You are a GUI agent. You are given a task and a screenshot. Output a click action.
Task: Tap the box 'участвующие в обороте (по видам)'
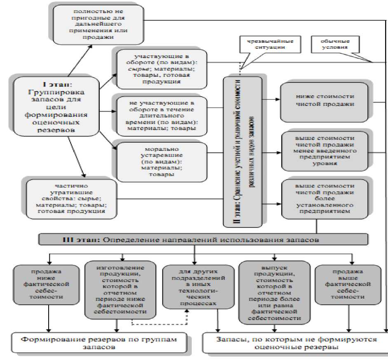[x=162, y=68]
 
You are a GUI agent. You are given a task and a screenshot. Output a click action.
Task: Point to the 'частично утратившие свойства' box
[x=71, y=199]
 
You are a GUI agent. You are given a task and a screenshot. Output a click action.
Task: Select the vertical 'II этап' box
[x=242, y=151]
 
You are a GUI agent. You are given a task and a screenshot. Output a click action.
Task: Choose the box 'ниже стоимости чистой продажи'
[x=324, y=101]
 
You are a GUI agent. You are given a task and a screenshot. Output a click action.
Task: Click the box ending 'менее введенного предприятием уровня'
[x=324, y=151]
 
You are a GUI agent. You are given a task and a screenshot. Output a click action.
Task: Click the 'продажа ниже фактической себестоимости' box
[x=46, y=284]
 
